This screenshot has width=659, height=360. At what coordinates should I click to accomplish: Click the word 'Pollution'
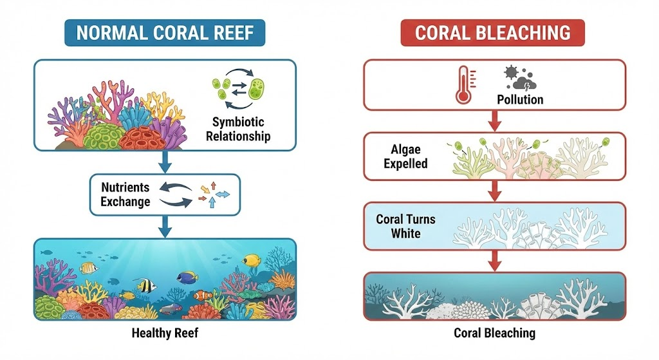click(x=520, y=100)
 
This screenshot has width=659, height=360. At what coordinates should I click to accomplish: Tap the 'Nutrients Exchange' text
click(x=125, y=194)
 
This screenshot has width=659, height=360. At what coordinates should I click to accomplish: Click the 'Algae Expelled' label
click(x=405, y=157)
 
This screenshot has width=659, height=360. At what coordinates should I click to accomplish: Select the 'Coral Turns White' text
click(x=405, y=225)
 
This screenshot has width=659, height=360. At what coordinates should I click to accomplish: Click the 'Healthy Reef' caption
click(x=165, y=333)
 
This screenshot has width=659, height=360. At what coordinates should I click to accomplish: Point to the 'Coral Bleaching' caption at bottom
click(x=494, y=333)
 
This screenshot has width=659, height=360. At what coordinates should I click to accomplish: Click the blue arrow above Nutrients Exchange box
click(x=165, y=161)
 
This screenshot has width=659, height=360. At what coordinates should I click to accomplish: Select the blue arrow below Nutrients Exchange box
click(x=165, y=227)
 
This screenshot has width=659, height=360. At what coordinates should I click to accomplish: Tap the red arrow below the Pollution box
click(x=494, y=120)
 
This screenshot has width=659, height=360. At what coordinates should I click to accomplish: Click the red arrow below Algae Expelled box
click(x=494, y=191)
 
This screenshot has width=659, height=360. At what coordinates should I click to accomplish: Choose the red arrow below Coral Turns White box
click(x=494, y=260)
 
